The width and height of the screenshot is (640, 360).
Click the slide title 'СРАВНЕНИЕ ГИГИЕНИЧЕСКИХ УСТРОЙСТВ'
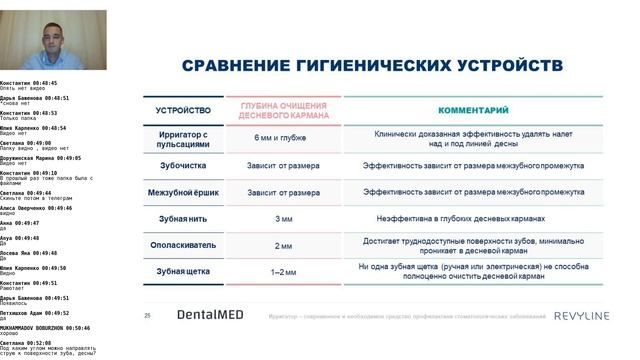372,66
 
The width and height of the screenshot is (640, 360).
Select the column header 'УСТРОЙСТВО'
184,109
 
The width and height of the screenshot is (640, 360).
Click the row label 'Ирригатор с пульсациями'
184,137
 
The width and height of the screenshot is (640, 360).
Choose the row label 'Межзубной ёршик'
184,191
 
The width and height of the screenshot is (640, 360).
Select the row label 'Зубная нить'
184,218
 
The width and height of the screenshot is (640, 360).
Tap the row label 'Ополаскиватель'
184,245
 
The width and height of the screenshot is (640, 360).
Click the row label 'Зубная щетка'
184,272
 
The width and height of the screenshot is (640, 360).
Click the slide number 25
148,315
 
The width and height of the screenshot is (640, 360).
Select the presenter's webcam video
53,40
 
